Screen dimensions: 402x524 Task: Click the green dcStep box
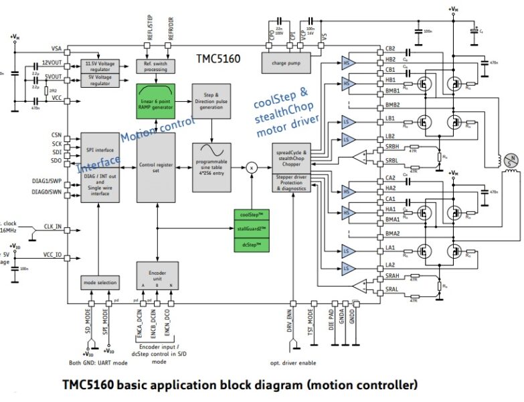point(252,245)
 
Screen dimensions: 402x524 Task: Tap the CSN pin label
point(57,135)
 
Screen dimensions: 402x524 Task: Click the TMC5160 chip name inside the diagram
point(218,59)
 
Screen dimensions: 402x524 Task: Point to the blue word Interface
point(98,162)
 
